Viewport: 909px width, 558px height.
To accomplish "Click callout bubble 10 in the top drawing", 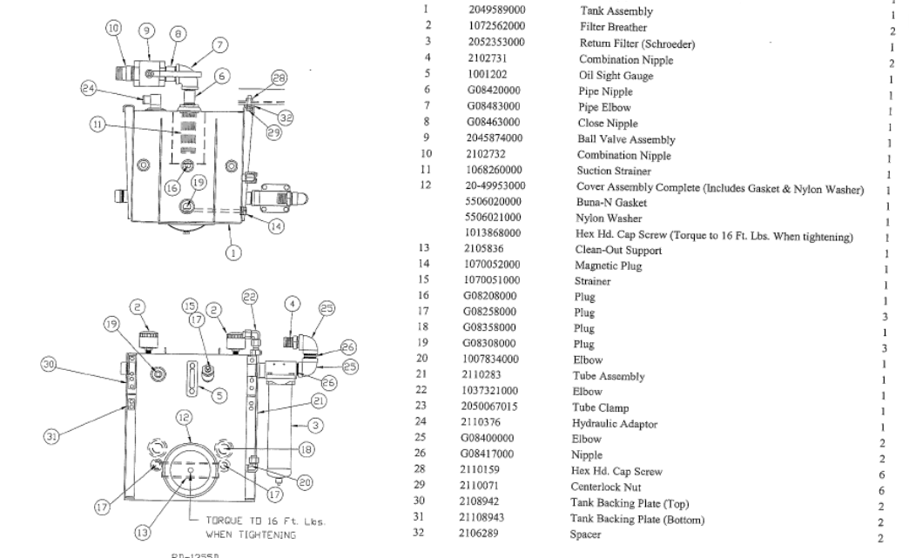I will pyautogui.click(x=113, y=29).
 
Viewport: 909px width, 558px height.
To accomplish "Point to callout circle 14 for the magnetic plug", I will pyautogui.click(x=276, y=226).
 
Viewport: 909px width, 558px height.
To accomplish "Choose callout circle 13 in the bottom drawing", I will pyautogui.click(x=142, y=532).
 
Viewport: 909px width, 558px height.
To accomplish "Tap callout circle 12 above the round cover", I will pyautogui.click(x=184, y=418).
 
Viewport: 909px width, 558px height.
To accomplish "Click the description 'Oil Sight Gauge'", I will pyautogui.click(x=616, y=76).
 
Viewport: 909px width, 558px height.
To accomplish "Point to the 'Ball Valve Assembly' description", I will pyautogui.click(x=626, y=139).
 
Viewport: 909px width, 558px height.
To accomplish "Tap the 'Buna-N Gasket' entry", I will pyautogui.click(x=612, y=203).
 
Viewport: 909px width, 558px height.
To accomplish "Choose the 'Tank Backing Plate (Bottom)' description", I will pyautogui.click(x=637, y=520).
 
